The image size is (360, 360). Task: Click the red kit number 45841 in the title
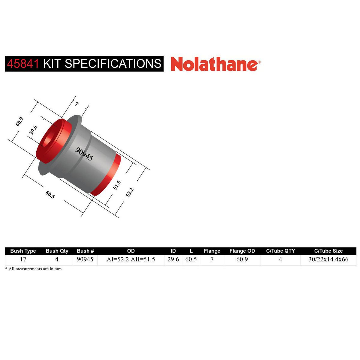(23, 64)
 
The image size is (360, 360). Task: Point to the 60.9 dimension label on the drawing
(19, 121)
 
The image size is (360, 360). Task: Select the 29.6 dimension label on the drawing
(34, 131)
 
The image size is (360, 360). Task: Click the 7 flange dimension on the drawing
(77, 104)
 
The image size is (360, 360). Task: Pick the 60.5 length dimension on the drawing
(50, 195)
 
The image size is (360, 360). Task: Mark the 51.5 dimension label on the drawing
(117, 185)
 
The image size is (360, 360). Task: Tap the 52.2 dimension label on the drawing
(130, 192)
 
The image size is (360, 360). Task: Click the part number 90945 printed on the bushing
(84, 154)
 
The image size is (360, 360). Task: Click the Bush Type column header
(23, 251)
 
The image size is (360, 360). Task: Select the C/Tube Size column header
(328, 251)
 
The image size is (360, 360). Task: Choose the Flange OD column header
(242, 251)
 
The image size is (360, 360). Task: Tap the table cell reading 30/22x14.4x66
(328, 259)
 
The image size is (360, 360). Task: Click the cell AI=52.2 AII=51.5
(131, 259)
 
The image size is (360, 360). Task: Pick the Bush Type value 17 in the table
(23, 259)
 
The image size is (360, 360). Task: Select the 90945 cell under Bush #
(85, 259)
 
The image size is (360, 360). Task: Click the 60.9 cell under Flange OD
(242, 259)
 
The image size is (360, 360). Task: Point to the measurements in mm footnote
(34, 269)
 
